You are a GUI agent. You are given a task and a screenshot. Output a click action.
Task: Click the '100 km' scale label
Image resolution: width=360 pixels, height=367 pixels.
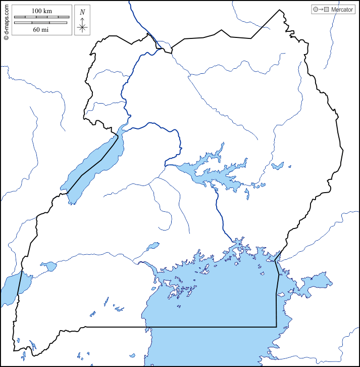tap(41, 11)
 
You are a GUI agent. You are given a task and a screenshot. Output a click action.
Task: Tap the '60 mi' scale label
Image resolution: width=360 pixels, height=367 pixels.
tap(41, 29)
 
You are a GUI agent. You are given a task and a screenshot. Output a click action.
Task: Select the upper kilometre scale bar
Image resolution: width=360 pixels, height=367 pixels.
tap(41, 18)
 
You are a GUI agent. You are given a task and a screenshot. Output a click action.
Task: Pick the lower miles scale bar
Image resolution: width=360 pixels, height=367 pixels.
tap(41, 23)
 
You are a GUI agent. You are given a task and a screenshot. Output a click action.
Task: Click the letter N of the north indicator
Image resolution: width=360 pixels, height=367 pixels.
tap(82, 12)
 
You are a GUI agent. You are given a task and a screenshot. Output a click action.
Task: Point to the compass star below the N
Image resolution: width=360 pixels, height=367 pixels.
tap(82, 27)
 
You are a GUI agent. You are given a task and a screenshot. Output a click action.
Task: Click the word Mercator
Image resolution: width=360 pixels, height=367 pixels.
tap(342, 10)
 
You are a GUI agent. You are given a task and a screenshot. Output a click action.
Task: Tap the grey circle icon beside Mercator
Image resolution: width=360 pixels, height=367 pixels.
tap(316, 10)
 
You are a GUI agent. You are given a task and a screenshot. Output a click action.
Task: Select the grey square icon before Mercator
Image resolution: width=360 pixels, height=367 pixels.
tap(327, 10)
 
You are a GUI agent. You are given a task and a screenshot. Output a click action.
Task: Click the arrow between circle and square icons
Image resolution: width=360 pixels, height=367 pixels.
tap(321, 10)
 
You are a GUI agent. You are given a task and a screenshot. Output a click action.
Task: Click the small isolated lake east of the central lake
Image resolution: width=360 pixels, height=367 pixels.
tap(277, 166)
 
